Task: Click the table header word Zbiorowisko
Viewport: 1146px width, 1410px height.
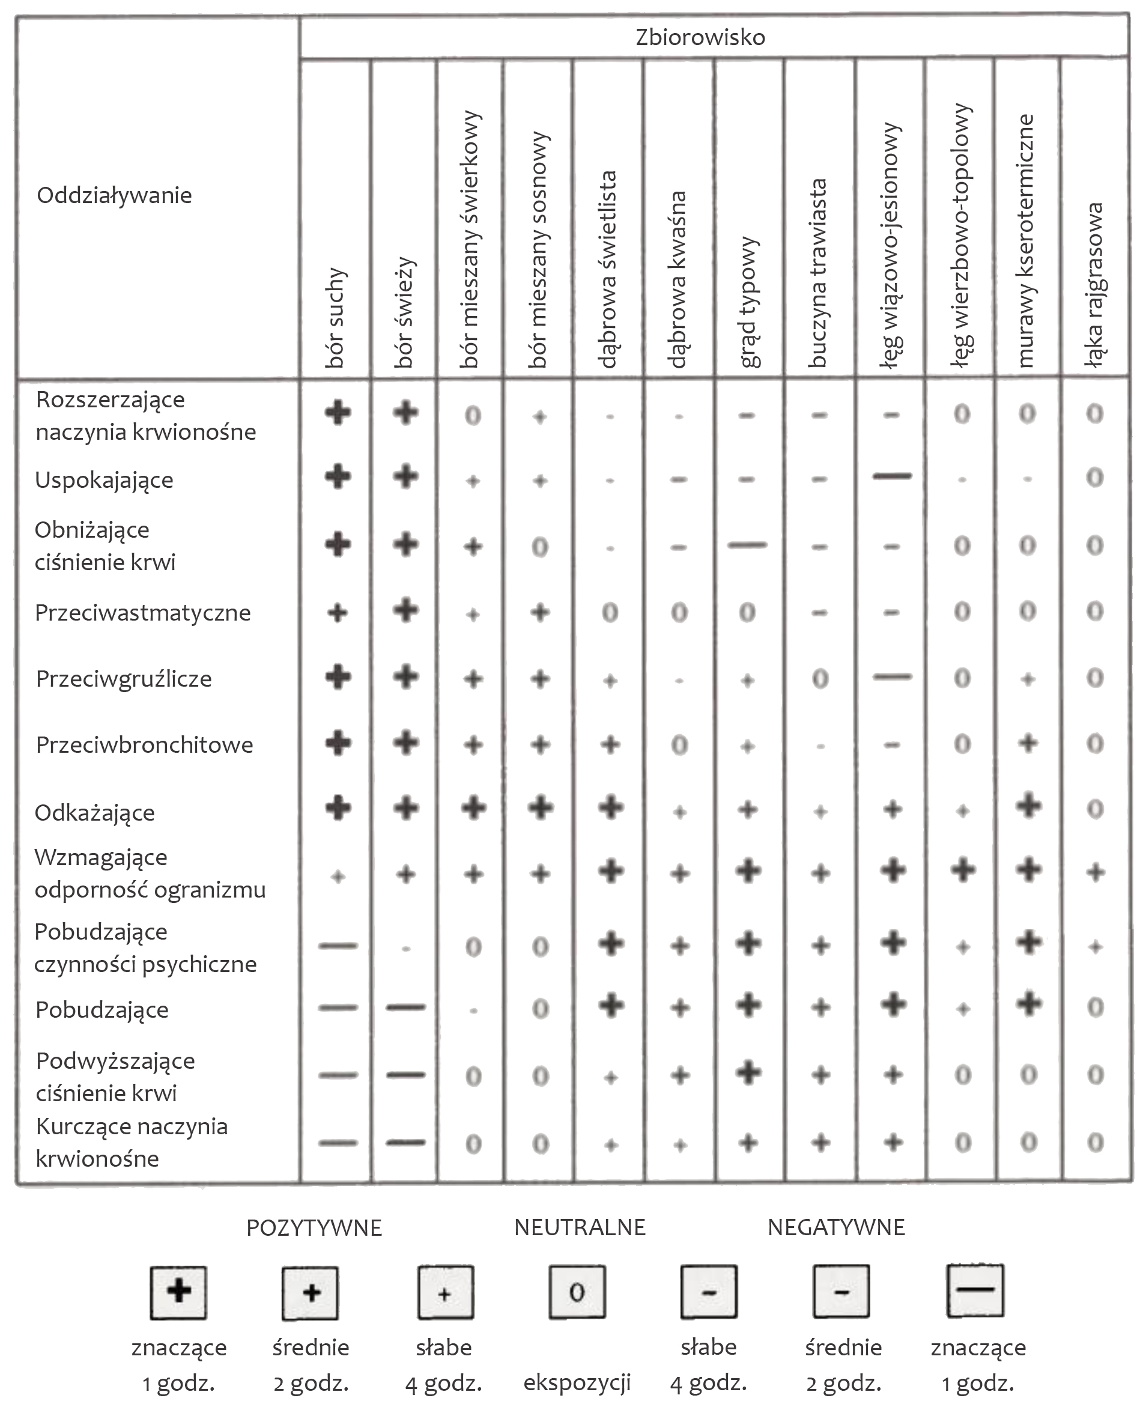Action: click(700, 37)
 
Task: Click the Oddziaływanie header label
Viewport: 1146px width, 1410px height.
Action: click(114, 195)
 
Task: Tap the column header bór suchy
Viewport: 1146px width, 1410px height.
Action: click(335, 317)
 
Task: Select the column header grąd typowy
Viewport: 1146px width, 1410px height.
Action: click(748, 302)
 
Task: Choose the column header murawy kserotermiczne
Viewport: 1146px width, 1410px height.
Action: click(1025, 241)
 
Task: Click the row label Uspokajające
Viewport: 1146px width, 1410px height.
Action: click(105, 480)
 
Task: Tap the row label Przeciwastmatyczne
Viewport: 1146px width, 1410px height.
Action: click(142, 613)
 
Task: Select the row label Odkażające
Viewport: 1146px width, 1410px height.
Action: click(94, 813)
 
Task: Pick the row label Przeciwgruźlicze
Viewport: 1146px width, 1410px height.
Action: click(124, 679)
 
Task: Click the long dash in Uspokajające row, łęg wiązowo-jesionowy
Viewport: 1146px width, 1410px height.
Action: click(892, 476)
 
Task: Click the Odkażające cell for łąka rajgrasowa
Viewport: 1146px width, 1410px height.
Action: click(1094, 809)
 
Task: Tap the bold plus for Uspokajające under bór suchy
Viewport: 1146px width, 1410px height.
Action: click(338, 476)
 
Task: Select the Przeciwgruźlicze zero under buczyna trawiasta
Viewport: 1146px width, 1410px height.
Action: click(820, 679)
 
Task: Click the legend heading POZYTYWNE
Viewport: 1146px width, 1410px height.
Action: click(314, 1227)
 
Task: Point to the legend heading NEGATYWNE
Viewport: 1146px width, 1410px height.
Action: click(837, 1227)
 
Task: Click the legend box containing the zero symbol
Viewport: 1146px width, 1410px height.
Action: click(577, 1292)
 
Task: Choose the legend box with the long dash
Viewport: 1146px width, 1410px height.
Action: click(975, 1290)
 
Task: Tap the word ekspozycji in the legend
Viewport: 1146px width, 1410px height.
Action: click(577, 1382)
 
